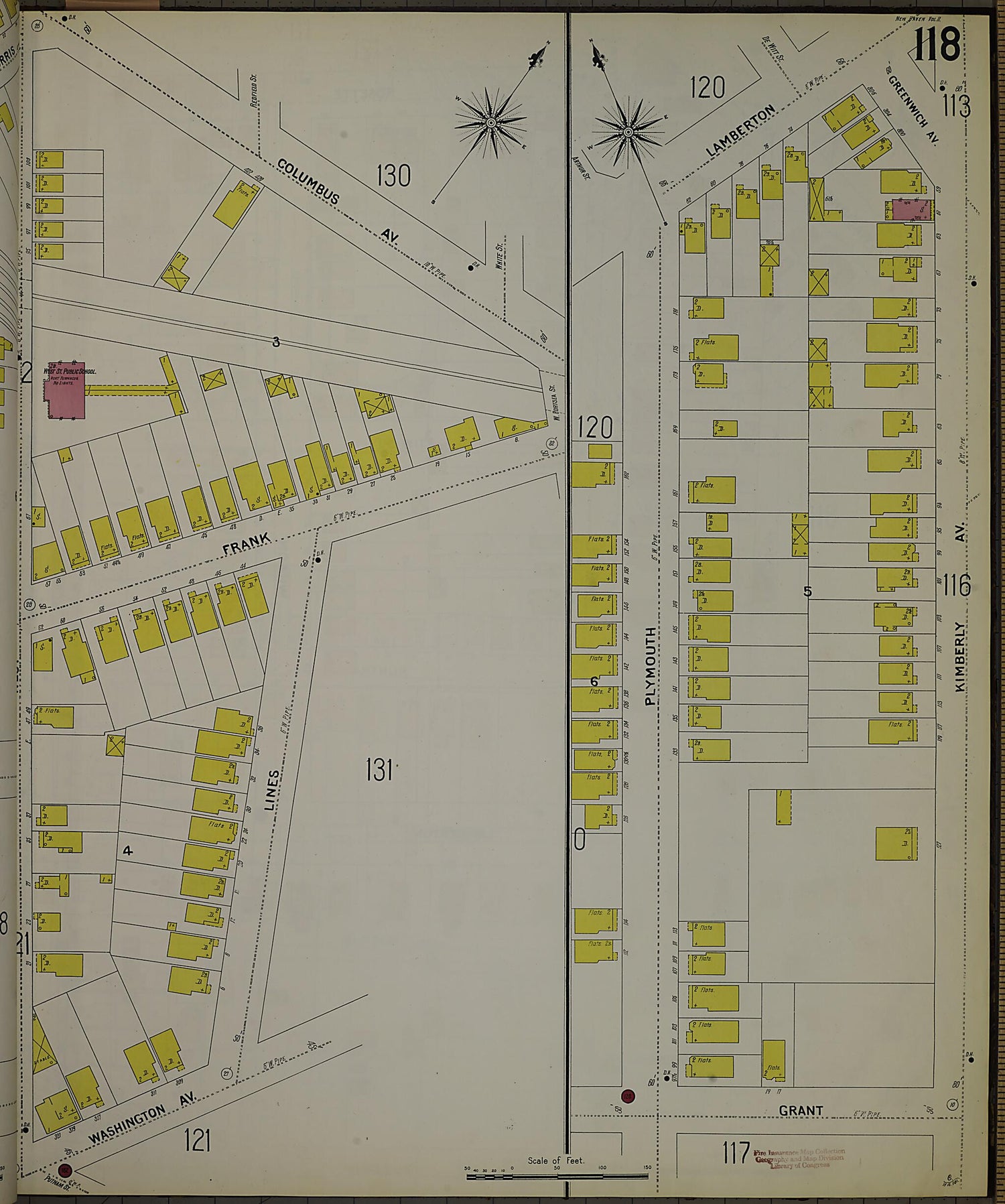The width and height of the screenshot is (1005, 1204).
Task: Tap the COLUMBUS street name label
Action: pyautogui.click(x=309, y=182)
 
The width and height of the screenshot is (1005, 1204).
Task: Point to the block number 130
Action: pyautogui.click(x=393, y=176)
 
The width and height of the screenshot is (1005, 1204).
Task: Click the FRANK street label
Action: pyautogui.click(x=247, y=542)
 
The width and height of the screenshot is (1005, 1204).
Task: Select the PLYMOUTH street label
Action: pyautogui.click(x=650, y=666)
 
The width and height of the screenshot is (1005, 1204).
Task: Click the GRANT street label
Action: pyautogui.click(x=801, y=1110)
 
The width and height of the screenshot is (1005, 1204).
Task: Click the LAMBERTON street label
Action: pyautogui.click(x=740, y=131)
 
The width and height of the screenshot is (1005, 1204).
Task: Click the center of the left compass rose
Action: pyautogui.click(x=491, y=123)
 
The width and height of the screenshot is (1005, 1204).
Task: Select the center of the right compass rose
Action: pyautogui.click(x=628, y=132)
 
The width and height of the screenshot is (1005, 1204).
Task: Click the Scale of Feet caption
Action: pyautogui.click(x=555, y=1160)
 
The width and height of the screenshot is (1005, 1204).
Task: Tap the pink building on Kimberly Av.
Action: pyautogui.click(x=911, y=209)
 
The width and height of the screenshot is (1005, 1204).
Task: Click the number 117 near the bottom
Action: pyautogui.click(x=736, y=1153)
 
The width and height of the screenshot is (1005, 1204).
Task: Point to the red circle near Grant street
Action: pyautogui.click(x=627, y=1097)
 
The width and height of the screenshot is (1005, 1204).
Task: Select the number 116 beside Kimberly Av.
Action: pyautogui.click(x=956, y=586)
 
